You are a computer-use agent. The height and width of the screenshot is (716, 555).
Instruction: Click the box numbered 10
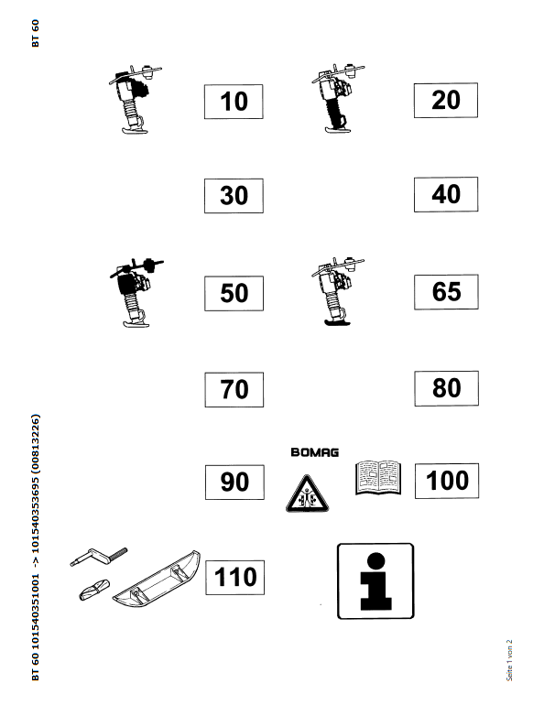coord(234,102)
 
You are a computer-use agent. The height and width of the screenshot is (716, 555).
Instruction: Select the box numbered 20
coord(446,100)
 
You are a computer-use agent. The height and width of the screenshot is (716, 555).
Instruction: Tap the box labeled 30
coord(234,195)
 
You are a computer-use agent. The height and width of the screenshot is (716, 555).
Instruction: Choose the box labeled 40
coord(446,194)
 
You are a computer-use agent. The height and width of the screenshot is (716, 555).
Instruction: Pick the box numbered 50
coord(234,293)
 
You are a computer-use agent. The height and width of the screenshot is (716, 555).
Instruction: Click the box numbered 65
coord(446,292)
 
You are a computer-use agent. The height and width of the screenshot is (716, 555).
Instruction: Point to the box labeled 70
coord(234,389)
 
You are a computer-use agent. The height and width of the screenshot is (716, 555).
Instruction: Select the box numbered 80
coord(447,388)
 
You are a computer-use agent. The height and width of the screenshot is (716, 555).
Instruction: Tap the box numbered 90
coord(234,483)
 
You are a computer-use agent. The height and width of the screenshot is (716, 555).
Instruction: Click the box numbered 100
coord(447,481)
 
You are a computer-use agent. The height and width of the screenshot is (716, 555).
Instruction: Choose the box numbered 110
coord(234,577)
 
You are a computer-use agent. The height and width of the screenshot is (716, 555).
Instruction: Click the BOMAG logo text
coord(315,452)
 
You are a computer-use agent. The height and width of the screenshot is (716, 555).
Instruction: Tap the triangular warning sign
coord(307,494)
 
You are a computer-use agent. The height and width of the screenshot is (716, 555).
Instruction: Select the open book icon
coord(377,478)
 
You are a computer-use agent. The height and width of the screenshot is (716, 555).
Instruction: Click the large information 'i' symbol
coord(375,580)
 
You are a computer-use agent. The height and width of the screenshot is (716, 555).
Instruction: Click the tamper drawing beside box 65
coord(338,291)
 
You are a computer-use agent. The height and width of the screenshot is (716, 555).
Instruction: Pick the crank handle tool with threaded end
coord(99,556)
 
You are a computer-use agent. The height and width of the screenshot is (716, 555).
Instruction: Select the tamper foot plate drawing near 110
coord(157,579)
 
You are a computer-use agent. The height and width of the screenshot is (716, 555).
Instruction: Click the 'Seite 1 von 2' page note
coord(509,660)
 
